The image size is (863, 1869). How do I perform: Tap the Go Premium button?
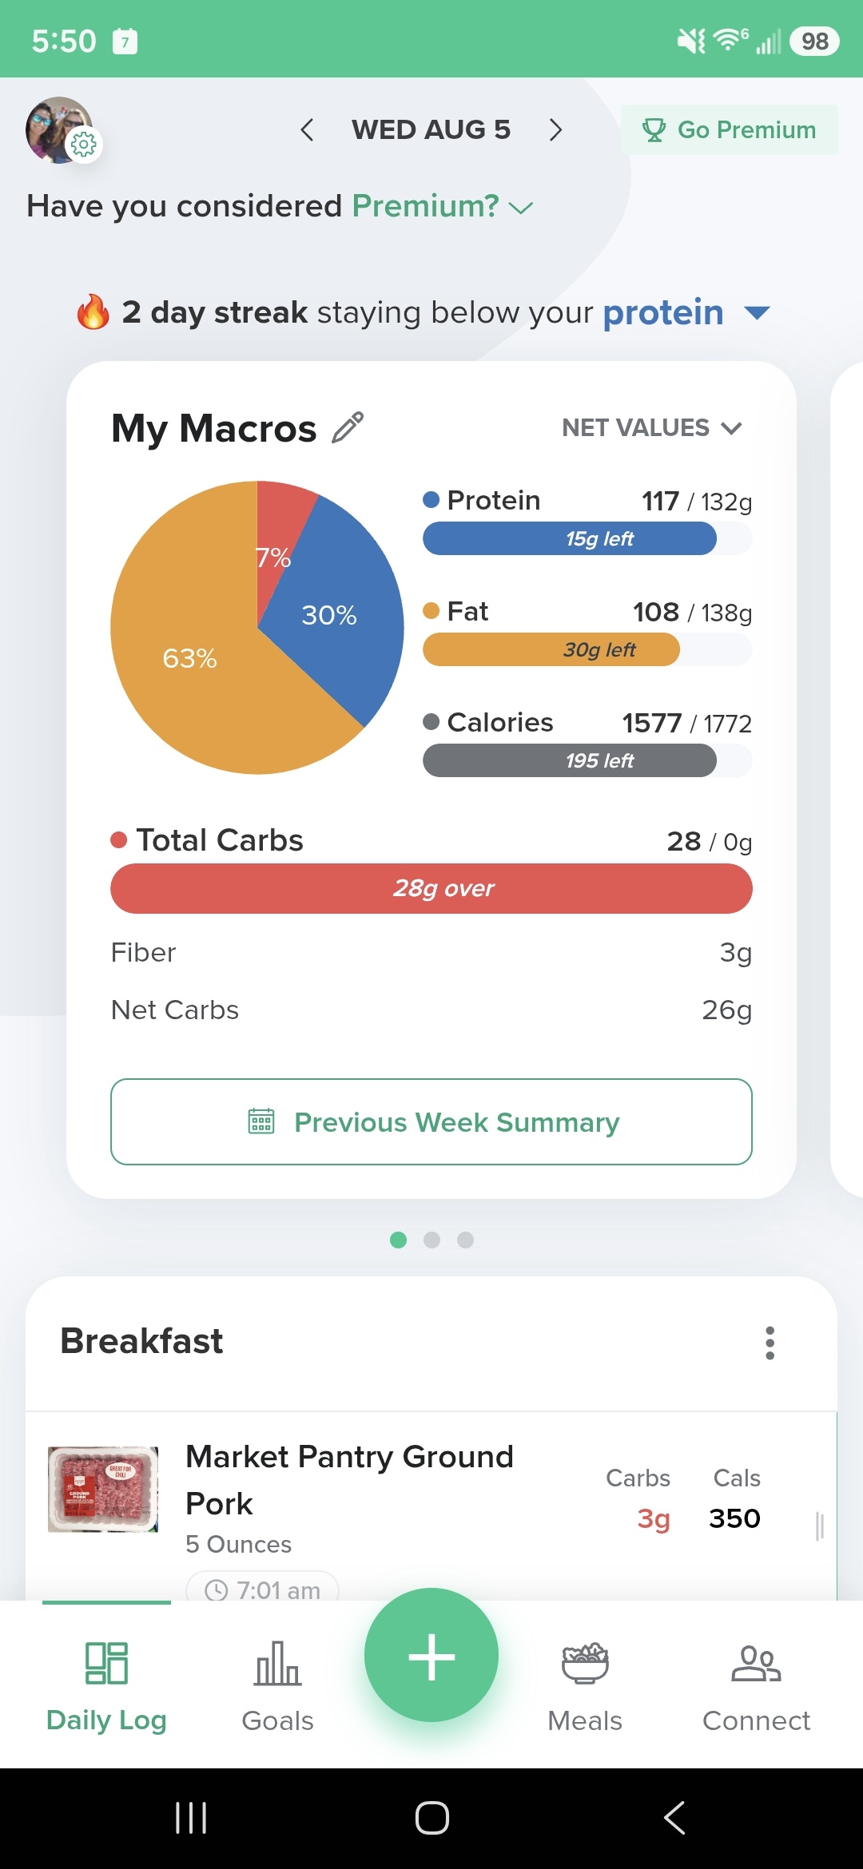point(729,129)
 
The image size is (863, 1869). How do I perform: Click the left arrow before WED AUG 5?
point(307,129)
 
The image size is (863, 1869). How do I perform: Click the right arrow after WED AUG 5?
point(556,129)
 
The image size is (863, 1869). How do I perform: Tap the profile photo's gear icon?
point(83,144)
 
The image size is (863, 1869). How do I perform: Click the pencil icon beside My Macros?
point(348,427)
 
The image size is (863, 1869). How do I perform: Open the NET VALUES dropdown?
point(652,428)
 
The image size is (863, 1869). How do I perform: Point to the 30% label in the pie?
point(329,615)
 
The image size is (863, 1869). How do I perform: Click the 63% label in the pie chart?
point(189,658)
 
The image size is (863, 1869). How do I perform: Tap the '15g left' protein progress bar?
point(587,538)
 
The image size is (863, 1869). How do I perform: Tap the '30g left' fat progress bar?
point(587,649)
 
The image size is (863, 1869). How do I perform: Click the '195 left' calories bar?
point(587,760)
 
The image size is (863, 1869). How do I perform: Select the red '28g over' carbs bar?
point(431,888)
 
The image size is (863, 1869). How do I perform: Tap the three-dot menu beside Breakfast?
point(770,1343)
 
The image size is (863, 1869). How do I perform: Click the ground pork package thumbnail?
point(103,1489)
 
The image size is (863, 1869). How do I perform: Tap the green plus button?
point(431,1655)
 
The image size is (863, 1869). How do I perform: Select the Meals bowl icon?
point(585,1664)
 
